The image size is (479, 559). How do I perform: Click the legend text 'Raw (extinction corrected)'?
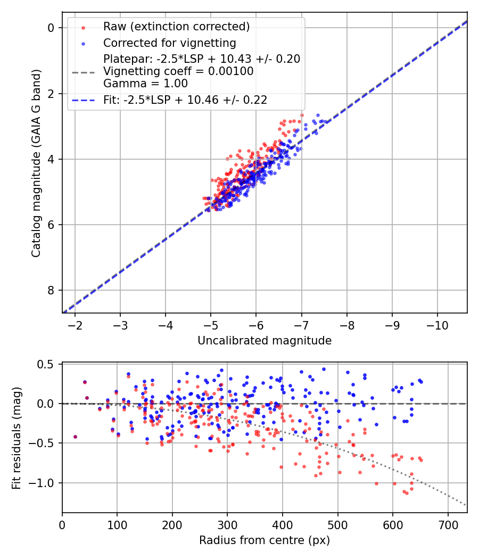[x=176, y=27]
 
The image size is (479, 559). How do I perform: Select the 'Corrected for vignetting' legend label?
[x=170, y=43]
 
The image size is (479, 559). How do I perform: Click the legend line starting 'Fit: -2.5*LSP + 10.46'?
[x=185, y=100]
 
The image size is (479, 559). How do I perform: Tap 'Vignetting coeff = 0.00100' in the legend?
[x=178, y=71]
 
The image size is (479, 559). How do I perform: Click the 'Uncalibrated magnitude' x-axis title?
[x=265, y=341]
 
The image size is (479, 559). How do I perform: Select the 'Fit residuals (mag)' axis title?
[x=16, y=438]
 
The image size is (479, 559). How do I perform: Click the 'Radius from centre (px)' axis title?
[x=265, y=540]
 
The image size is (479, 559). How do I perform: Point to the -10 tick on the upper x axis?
[x=437, y=325]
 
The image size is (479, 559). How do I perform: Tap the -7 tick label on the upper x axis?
[x=301, y=325]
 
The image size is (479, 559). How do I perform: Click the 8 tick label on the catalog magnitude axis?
[x=52, y=290]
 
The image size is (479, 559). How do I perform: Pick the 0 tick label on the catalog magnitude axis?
[x=52, y=28]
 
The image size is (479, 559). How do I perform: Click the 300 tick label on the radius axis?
[x=227, y=525]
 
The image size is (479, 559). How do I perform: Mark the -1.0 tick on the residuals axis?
[x=46, y=483]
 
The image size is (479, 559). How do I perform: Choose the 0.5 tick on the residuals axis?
[x=49, y=364]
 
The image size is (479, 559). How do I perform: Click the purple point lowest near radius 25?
[x=75, y=437]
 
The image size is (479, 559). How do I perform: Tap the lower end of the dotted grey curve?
[x=466, y=505]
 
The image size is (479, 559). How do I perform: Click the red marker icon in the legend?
[x=83, y=27]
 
